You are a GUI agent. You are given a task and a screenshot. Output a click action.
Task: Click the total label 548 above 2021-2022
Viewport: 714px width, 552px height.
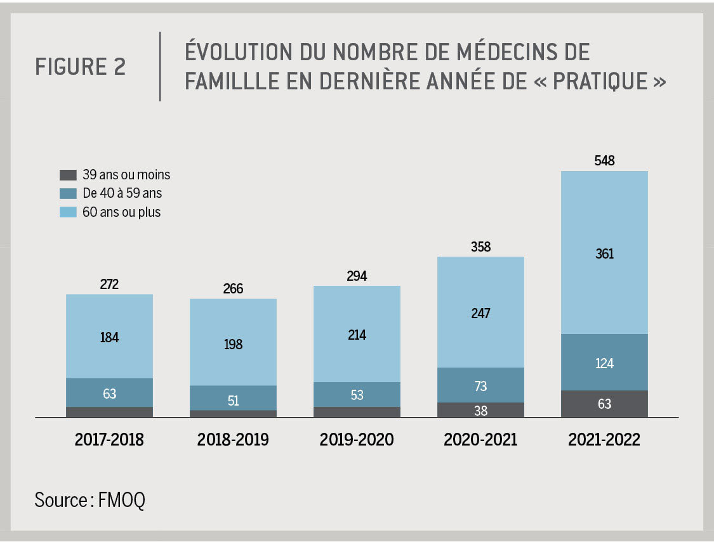point(604,161)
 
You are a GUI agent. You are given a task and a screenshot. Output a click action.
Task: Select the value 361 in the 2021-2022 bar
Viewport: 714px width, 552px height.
point(604,254)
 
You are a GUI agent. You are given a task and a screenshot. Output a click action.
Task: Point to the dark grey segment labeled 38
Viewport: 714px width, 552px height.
point(480,410)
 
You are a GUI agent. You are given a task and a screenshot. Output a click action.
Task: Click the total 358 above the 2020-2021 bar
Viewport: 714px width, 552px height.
point(480,247)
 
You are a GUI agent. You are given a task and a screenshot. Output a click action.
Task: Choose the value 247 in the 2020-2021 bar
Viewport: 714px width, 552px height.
point(480,313)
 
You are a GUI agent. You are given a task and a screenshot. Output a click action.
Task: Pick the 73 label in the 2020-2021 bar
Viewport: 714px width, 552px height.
point(480,386)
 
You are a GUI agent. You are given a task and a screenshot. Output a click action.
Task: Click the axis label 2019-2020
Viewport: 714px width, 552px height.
point(357,440)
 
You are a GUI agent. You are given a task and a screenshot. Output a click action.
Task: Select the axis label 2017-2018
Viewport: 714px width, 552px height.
point(109,440)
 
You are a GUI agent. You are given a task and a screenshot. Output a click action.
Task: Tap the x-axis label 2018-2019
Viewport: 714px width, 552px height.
point(233,440)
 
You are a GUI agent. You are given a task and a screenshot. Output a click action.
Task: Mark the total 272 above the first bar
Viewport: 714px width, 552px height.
point(109,285)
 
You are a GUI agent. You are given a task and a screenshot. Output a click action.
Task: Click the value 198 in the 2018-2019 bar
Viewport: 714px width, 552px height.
point(233,344)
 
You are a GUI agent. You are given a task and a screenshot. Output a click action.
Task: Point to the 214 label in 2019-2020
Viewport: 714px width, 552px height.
point(357,335)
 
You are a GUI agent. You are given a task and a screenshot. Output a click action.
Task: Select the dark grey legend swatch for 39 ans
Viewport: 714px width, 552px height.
point(68,175)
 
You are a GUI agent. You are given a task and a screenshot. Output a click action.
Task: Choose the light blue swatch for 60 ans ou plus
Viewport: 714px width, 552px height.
point(68,212)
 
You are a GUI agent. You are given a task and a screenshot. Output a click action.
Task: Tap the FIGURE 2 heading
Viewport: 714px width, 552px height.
point(81,67)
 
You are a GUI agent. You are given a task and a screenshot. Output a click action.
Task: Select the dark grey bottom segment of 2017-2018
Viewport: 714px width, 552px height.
point(109,412)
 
